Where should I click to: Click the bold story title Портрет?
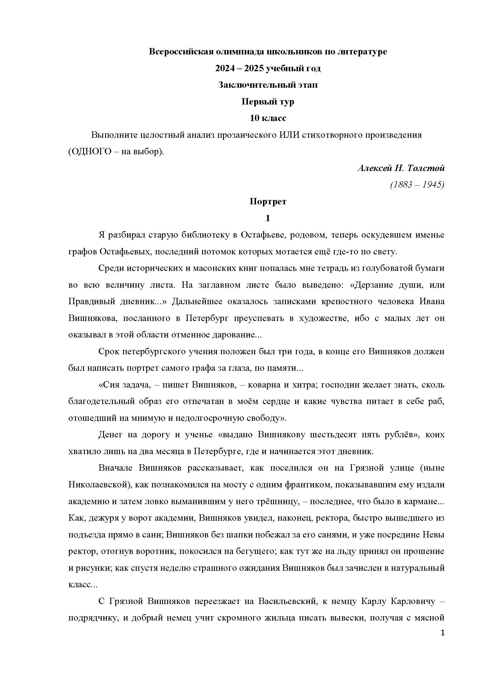tap(268, 202)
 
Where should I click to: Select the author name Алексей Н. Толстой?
tap(401, 168)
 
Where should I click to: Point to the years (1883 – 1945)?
tap(417, 185)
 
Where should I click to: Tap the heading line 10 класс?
tap(268, 118)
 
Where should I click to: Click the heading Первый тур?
tap(268, 102)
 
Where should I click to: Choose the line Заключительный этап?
tap(268, 85)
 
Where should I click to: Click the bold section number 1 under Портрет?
tap(268, 218)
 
